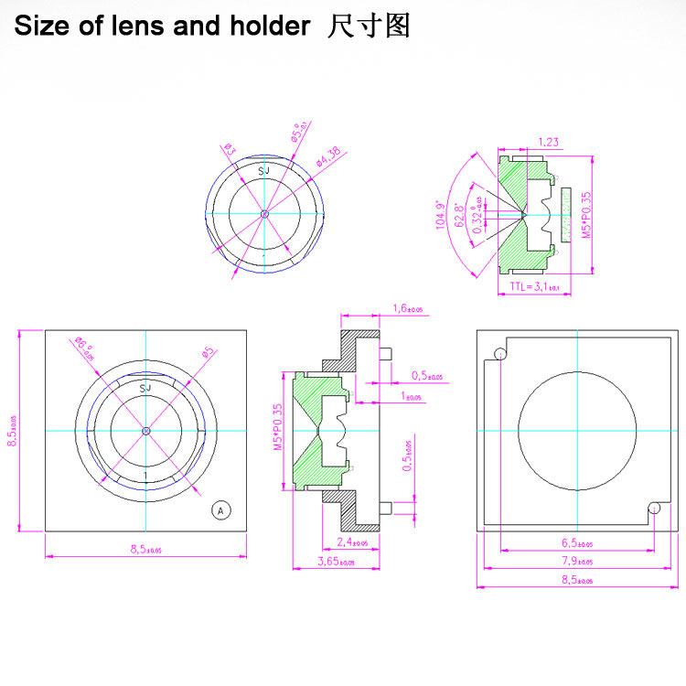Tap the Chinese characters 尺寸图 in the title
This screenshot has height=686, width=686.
click(368, 26)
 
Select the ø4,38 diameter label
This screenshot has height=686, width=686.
click(328, 161)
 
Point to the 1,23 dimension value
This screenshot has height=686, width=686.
click(549, 142)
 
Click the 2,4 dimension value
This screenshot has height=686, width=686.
click(351, 543)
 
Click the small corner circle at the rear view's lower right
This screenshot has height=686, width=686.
click(654, 508)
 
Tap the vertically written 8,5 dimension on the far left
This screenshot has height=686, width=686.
click(12, 430)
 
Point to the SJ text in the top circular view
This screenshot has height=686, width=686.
click(264, 171)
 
